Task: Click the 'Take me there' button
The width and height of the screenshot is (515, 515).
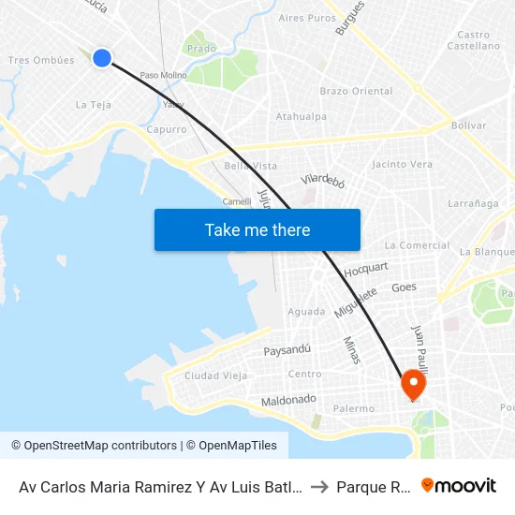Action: coord(257,229)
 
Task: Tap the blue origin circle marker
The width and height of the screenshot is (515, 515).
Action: coord(102,58)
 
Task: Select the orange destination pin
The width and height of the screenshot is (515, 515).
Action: coord(413,385)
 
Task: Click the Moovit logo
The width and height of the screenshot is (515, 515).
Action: coord(458,486)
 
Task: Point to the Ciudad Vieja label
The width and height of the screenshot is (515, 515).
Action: coord(215,375)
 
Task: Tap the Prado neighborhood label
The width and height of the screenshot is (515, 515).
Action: coord(201,48)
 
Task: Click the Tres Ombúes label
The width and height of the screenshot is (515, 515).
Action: coord(41,60)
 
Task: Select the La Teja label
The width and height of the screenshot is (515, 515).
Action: coord(94,104)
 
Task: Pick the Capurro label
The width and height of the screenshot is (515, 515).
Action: coord(167,129)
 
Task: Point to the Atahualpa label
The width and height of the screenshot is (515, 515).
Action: coord(302,116)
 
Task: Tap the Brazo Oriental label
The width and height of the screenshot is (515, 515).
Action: coord(357,91)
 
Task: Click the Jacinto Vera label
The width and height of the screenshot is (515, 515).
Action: coord(402,164)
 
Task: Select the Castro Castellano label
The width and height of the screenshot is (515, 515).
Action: coord(474,40)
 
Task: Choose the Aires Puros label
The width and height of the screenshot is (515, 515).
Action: coord(307,18)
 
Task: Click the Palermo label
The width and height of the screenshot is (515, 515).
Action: coord(354,408)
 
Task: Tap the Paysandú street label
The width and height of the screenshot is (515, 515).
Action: coord(287,350)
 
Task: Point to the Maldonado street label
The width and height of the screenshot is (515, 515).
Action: coord(288,400)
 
